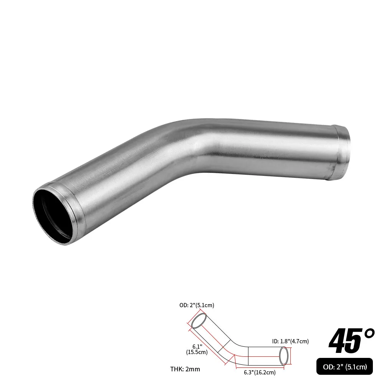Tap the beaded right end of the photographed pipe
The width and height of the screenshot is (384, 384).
pos(342,153)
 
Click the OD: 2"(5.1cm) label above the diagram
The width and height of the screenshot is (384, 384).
pos(197,306)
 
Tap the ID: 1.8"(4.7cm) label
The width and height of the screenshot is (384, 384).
pos(291,341)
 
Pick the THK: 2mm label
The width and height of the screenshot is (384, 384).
pos(185,369)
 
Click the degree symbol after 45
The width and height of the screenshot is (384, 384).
pos(369,333)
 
